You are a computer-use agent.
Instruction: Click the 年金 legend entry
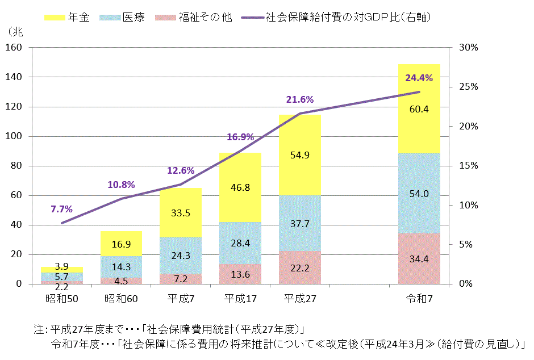(67, 17)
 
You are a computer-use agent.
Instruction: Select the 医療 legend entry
(122, 17)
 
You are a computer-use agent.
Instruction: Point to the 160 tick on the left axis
(15, 48)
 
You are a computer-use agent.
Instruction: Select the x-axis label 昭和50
(61, 297)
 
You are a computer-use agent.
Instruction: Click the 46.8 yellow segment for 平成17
(240, 187)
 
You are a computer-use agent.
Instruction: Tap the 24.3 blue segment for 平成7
(181, 255)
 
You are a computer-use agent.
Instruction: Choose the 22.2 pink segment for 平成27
(299, 267)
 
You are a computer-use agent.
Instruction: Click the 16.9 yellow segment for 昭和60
(121, 244)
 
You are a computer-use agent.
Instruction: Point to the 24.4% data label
(419, 78)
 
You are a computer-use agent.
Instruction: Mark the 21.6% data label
(299, 99)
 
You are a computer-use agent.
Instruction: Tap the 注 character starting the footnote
(38, 329)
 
